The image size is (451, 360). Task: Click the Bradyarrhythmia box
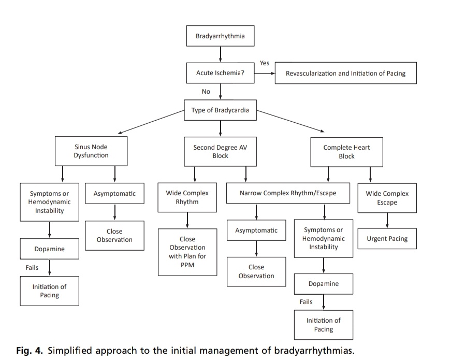[221, 36]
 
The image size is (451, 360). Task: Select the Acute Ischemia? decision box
[221, 73]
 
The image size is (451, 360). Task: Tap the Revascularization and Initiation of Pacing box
[346, 73]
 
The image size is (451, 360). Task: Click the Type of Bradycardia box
[221, 110]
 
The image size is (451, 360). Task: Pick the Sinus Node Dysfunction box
[91, 151]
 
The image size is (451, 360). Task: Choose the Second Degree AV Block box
[221, 152]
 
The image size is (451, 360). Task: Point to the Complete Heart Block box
[346, 152]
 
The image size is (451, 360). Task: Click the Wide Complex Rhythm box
[187, 197]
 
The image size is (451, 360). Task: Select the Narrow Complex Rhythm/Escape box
[288, 193]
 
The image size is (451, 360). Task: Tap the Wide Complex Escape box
[387, 198]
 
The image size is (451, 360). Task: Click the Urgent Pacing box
[387, 239]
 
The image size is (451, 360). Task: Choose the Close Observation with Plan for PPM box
[187, 252]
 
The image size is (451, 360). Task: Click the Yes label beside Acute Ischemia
[265, 63]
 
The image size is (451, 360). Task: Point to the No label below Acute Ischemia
[206, 92]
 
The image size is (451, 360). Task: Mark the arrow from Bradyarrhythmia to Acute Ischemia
[221, 54]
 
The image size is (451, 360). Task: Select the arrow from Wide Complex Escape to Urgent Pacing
[387, 221]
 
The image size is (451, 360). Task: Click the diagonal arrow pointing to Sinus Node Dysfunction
[151, 122]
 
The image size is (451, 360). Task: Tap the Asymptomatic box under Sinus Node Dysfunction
[114, 193]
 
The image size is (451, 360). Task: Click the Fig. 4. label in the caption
[30, 351]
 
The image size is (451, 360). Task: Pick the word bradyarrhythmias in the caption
[314, 351]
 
